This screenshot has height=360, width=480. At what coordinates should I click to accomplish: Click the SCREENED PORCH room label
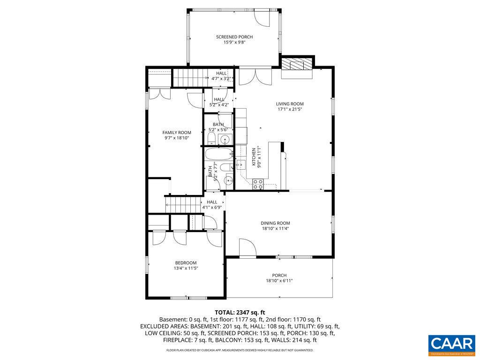coord(234,37)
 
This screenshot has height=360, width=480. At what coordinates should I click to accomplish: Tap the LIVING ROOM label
coord(289,104)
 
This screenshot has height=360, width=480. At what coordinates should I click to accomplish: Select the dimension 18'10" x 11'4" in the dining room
coord(275,229)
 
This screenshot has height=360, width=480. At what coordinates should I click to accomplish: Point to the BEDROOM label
coord(186,263)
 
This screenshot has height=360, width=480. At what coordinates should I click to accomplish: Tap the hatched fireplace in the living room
coord(297,64)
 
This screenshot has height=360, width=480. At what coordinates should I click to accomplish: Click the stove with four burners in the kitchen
coord(258,184)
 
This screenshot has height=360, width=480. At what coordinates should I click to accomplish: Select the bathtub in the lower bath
coord(218,154)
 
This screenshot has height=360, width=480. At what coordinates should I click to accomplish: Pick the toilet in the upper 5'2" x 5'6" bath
coord(211,138)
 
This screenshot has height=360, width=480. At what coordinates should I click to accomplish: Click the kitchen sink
coord(240,164)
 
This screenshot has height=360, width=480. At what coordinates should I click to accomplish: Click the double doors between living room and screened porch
coord(255,76)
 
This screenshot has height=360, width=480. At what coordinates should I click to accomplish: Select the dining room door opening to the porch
coord(247,247)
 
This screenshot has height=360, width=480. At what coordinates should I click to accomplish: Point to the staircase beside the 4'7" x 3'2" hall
coord(190,77)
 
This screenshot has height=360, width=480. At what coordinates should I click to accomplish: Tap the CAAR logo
coord(451,343)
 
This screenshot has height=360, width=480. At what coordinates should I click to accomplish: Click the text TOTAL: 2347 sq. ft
coord(240,312)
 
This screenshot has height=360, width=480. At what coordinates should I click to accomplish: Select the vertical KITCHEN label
coord(254,157)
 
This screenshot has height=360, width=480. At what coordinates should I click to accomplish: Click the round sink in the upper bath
coord(225,139)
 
